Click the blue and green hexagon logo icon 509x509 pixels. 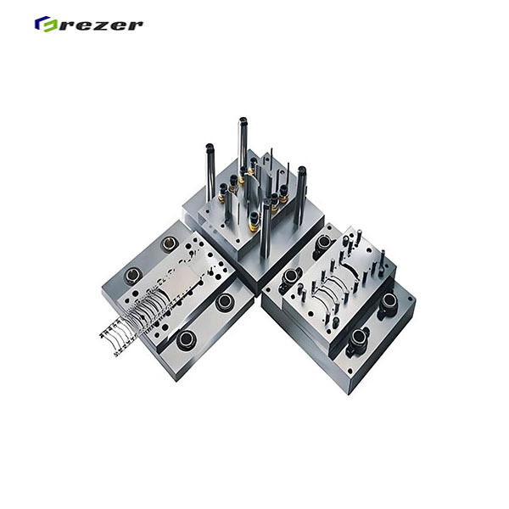[x=43, y=24]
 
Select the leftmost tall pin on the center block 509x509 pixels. [x=210, y=174]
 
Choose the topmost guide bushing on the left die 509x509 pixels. [x=171, y=243]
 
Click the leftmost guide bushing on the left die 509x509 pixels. [x=133, y=275]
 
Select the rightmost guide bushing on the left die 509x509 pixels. [x=225, y=302]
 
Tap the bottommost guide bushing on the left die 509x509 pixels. [x=186, y=340]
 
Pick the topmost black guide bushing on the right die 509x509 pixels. [x=323, y=243]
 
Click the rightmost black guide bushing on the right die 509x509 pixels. [x=389, y=302]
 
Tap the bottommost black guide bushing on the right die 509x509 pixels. [x=357, y=339]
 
